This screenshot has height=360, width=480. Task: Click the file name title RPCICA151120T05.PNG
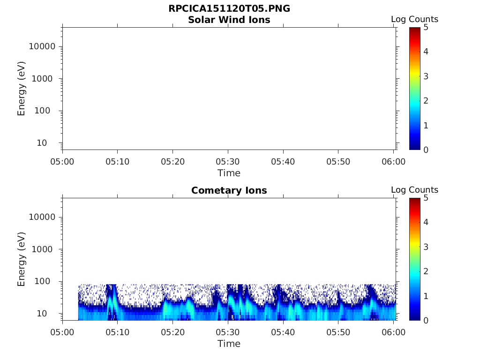click(229, 9)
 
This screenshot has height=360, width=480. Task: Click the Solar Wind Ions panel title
click(229, 20)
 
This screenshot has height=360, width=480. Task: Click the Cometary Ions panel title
click(229, 190)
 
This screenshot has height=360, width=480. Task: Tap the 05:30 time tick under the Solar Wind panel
click(228, 162)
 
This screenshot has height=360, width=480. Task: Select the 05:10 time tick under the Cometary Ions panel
click(117, 332)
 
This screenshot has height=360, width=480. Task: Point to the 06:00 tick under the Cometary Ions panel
click(394, 332)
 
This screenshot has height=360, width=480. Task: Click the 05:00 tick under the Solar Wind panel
click(62, 162)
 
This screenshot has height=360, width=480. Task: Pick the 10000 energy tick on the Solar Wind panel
click(43, 46)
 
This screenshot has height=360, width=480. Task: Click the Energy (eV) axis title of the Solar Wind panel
click(22, 89)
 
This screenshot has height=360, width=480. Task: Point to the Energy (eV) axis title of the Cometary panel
click(22, 259)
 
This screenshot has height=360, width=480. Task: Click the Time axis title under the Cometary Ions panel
click(229, 344)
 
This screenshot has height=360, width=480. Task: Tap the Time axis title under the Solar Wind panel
click(229, 173)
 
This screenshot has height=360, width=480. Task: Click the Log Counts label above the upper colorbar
click(414, 19)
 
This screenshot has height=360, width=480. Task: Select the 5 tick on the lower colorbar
click(426, 198)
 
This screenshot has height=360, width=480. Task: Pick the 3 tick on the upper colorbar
click(426, 76)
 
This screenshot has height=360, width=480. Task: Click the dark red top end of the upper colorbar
click(415, 30)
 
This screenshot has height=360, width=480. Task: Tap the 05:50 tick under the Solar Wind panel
click(338, 162)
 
